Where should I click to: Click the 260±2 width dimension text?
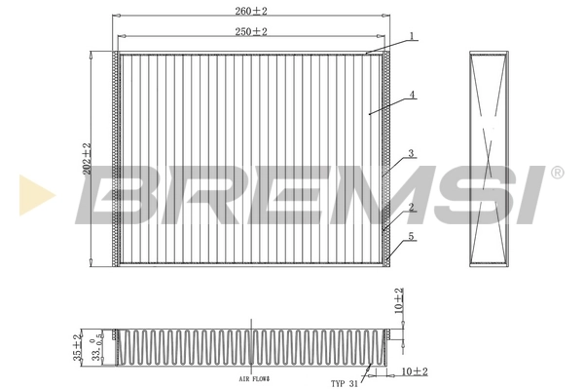pos(250,12)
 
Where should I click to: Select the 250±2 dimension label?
pos(250,31)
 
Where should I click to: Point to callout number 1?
pos(413,36)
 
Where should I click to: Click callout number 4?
pos(413,95)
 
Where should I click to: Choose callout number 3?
pos(412,153)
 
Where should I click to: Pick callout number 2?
pos(413,207)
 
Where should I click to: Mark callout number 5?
pos(413,236)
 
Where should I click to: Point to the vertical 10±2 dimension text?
pos(399,300)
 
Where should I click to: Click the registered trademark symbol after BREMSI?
pos(557,173)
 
